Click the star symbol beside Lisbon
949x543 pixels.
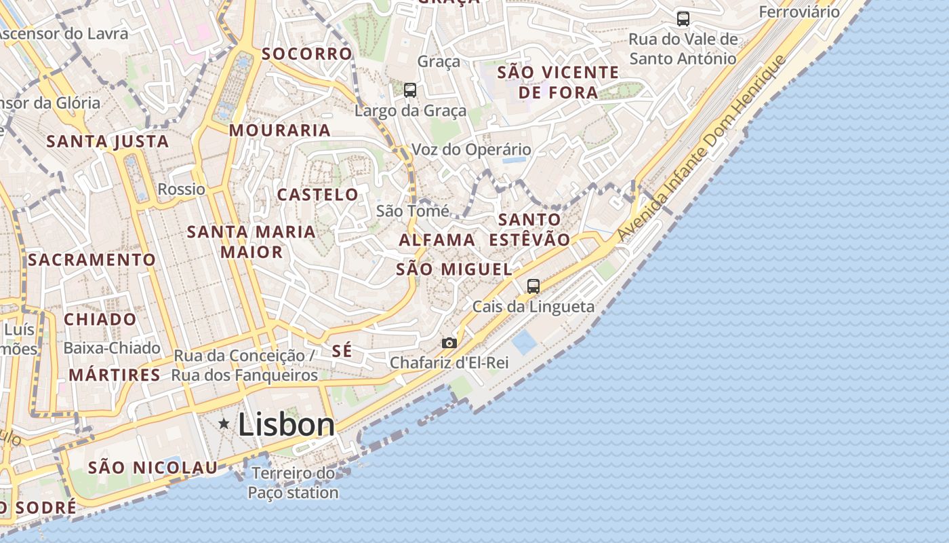tap(224, 424)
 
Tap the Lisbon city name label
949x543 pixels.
tap(286, 425)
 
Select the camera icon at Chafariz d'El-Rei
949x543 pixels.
tap(449, 343)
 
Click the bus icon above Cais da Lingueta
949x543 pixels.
tap(533, 286)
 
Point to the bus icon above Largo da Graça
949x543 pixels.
tap(409, 90)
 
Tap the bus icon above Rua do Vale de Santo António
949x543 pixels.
tap(683, 19)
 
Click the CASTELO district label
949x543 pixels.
tap(318, 195)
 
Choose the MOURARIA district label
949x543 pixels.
tap(280, 130)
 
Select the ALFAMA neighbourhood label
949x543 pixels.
tap(437, 240)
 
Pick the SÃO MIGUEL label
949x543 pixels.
tap(454, 269)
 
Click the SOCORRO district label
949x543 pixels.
tap(307, 54)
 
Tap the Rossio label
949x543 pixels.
tap(181, 189)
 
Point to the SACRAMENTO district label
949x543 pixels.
tap(92, 260)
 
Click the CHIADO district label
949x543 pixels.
tap(100, 319)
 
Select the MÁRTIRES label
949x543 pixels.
tap(115, 375)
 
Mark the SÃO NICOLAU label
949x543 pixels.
tap(153, 468)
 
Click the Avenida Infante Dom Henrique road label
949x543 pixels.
tap(701, 149)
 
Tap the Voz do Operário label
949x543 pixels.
tap(472, 149)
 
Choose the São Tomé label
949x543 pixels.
tap(412, 211)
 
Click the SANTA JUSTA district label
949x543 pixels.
tap(107, 142)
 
